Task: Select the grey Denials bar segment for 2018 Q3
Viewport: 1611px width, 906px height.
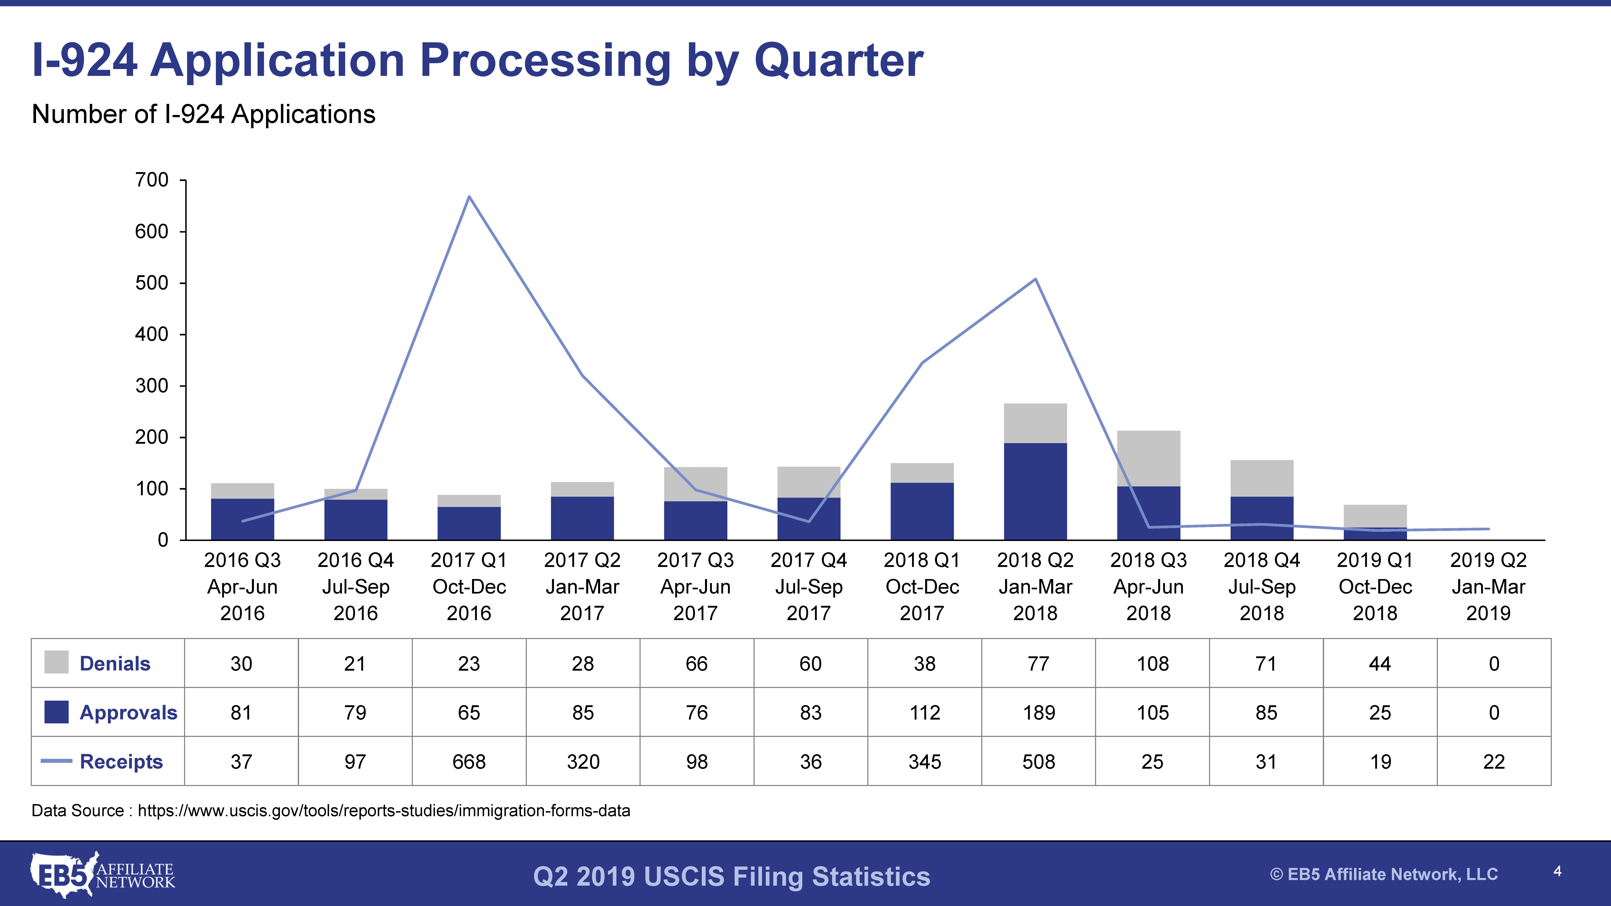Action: [x=1148, y=458]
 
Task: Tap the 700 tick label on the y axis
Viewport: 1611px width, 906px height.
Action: [x=152, y=180]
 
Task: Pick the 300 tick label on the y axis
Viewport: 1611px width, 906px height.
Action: [x=152, y=386]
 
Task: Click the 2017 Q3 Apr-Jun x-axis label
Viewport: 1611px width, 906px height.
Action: [x=695, y=586]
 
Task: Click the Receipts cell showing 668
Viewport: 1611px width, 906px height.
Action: [x=469, y=762]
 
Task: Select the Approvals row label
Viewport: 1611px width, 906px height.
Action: [x=128, y=713]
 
